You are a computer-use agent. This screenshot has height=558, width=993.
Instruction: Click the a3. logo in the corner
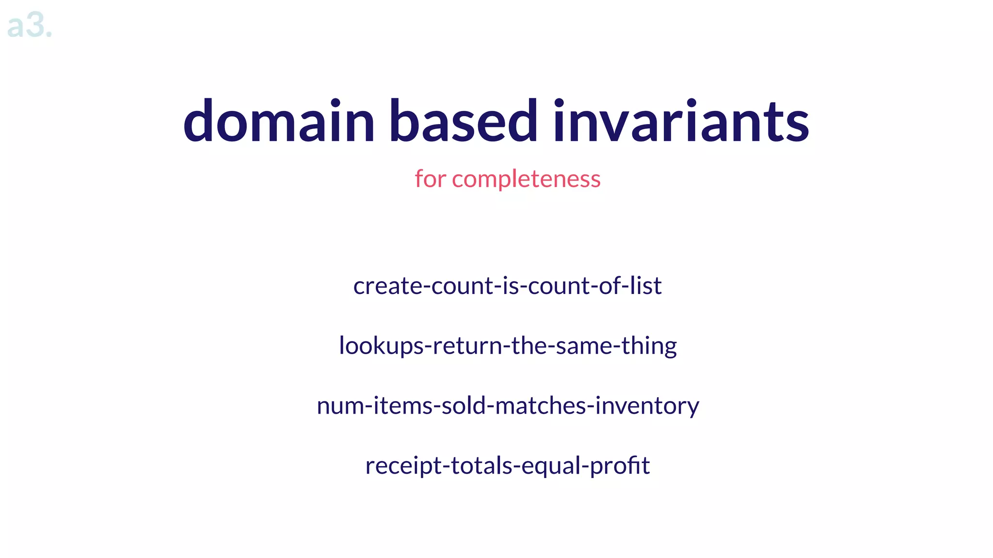coord(29,25)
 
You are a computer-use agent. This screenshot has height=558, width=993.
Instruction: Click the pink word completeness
coord(526,179)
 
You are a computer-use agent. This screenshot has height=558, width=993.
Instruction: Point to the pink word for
coord(430,179)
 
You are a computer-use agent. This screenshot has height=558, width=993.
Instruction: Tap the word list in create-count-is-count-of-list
coord(645,285)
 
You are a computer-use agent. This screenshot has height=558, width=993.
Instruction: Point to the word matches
coord(540,405)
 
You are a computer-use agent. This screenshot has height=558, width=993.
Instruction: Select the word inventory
coord(647,406)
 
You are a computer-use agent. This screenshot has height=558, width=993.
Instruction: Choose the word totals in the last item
coord(481,465)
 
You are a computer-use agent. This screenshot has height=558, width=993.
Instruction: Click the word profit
coord(620,466)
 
